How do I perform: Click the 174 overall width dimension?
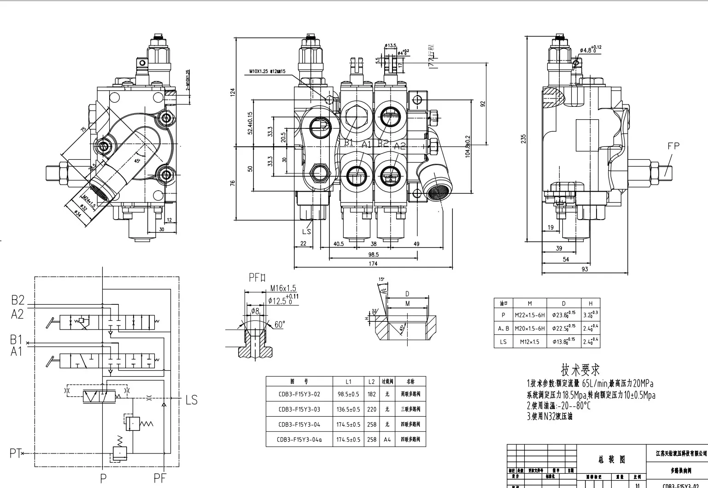click(373, 264)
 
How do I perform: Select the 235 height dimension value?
click(523, 139)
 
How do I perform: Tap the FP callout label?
click(673, 146)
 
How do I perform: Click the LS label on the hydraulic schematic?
click(191, 400)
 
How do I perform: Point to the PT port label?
click(15, 453)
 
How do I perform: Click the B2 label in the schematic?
click(18, 300)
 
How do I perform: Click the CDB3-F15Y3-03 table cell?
click(299, 409)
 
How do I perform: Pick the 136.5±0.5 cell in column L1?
click(348, 409)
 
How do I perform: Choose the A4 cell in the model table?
click(387, 439)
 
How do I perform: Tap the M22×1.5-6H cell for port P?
click(530, 315)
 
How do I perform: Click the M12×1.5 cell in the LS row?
click(530, 341)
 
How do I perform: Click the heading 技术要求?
click(580, 369)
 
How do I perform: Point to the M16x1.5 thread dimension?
click(283, 288)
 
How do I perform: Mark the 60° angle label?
click(280, 325)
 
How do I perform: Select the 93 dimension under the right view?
click(584, 269)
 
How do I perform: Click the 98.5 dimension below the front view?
click(373, 254)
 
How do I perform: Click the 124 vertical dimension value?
click(233, 92)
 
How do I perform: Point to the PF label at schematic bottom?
click(160, 478)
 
